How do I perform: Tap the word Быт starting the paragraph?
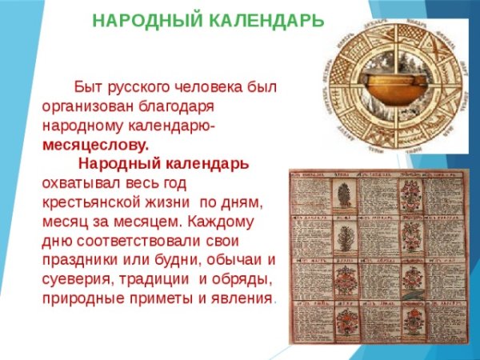[89, 87]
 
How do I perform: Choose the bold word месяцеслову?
[95, 145]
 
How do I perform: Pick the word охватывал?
[81, 183]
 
